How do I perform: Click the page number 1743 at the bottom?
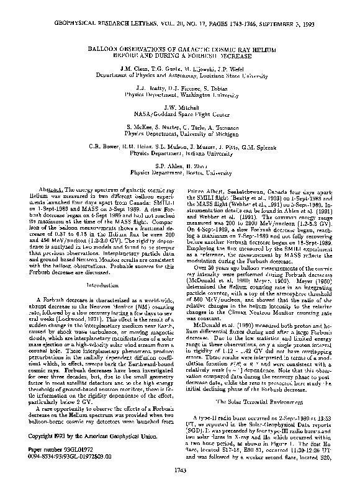[x=179, y=487]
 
